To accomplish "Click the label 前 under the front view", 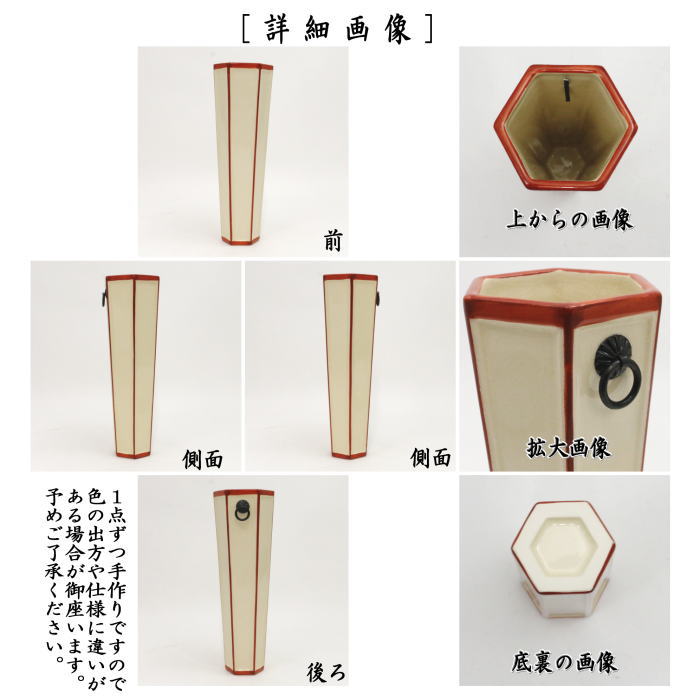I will coord(333,241).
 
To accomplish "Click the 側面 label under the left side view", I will coord(203,459).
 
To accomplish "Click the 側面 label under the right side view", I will coord(431,459).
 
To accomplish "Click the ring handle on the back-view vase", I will coord(241,514).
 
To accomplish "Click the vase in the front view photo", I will coord(243,155).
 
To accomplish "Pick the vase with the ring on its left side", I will coord(132,365).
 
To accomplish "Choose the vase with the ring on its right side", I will coord(350,365).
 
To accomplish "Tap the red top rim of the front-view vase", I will coord(243,67).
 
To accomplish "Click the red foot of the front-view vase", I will coord(243,241).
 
